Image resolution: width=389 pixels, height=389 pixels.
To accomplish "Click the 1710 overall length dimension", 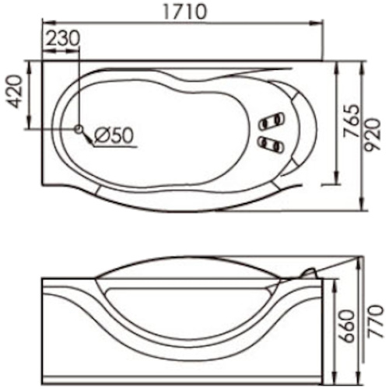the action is tap(186, 12).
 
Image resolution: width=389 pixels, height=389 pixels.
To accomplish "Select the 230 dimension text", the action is tap(63, 38).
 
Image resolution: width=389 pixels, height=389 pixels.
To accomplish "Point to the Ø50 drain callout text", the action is tap(114, 135).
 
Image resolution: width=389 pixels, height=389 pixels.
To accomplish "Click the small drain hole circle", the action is tap(79, 128).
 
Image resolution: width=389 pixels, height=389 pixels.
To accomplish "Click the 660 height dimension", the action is tap(347, 326).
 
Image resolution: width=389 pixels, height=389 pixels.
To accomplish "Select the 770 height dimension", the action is tap(375, 321).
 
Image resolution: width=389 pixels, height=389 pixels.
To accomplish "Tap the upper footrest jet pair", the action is tap(272, 121).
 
